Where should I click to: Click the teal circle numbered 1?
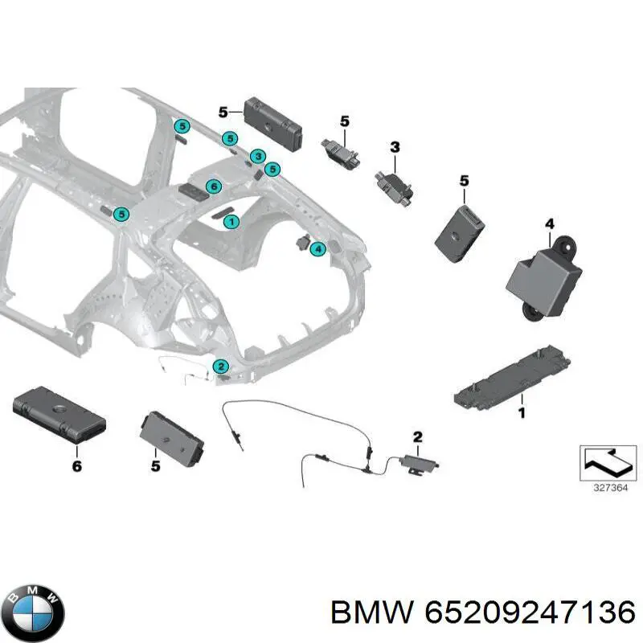coord(231,223)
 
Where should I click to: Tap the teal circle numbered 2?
coord(220,367)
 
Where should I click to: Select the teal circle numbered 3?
coord(258,156)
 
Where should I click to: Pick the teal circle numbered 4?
coord(317,248)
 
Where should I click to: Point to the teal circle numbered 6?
coord(214,187)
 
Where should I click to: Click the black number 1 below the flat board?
coord(522,412)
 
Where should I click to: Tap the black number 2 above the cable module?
coord(417,437)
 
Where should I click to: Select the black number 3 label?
coord(395,147)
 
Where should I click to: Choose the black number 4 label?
coord(550,224)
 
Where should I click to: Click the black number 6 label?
coord(76,466)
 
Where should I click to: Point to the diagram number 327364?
coord(611,488)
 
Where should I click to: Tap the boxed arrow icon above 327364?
coord(608,463)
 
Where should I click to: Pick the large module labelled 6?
coord(59,415)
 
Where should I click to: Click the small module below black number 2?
coord(420,464)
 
